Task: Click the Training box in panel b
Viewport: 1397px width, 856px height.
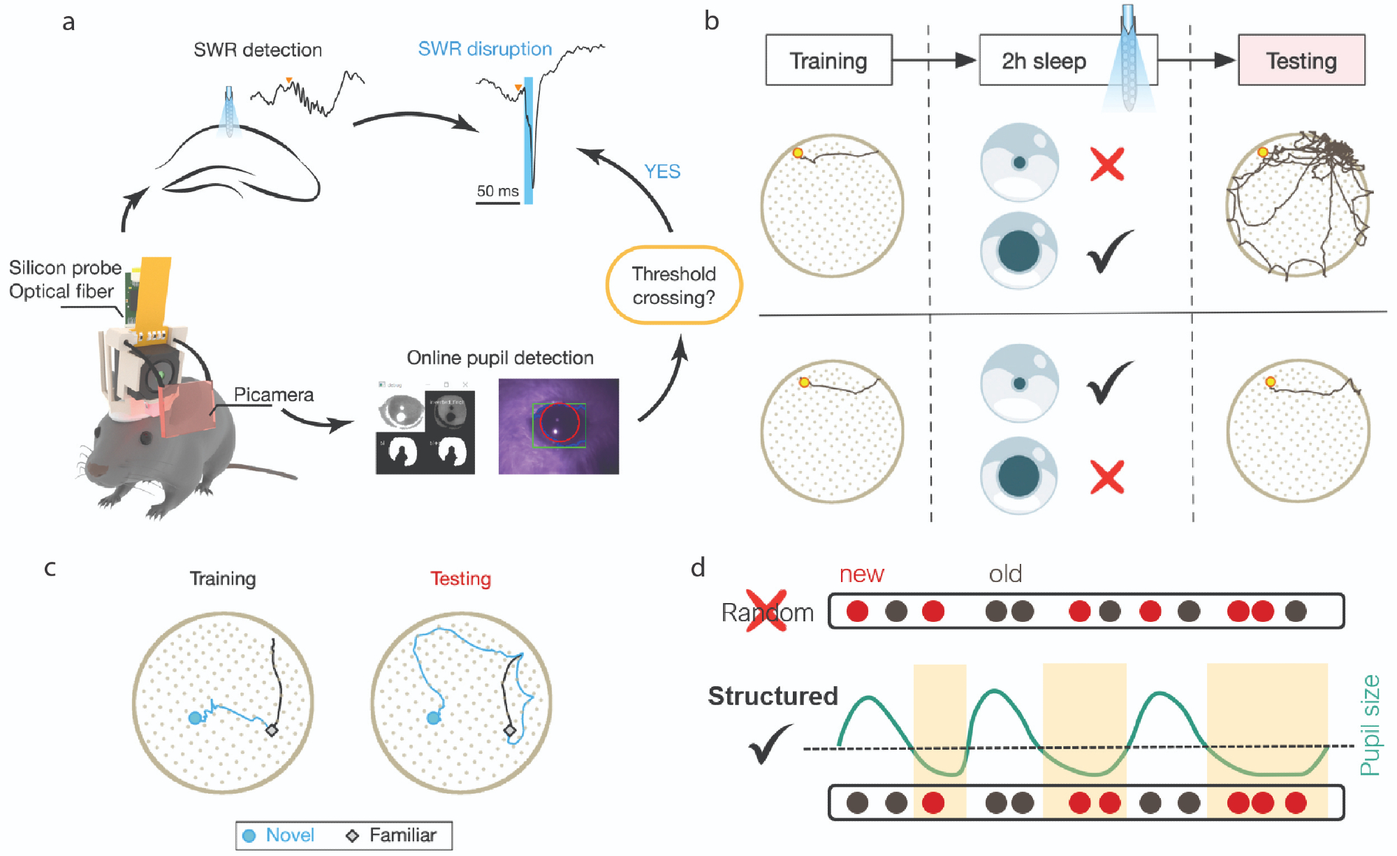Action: (828, 61)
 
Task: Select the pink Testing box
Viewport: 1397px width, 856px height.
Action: (1301, 61)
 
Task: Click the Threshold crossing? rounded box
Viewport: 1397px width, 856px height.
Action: (673, 285)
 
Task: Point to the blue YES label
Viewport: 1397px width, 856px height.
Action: (661, 172)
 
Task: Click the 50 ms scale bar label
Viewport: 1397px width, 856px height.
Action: (497, 191)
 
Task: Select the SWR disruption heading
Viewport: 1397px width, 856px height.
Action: (485, 49)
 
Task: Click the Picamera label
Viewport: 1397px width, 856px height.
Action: (273, 395)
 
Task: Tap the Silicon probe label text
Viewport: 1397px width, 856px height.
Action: (65, 268)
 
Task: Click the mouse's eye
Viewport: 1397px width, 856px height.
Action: (145, 438)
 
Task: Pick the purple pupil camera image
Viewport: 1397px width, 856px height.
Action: (558, 426)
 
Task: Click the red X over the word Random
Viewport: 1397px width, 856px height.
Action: (766, 611)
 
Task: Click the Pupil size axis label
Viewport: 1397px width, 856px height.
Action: (1370, 725)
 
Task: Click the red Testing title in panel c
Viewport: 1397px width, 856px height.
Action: (460, 579)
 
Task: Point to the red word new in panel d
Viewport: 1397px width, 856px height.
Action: (861, 574)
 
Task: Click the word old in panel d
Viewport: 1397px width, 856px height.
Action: (1005, 574)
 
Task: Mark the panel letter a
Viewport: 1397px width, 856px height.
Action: (68, 22)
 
